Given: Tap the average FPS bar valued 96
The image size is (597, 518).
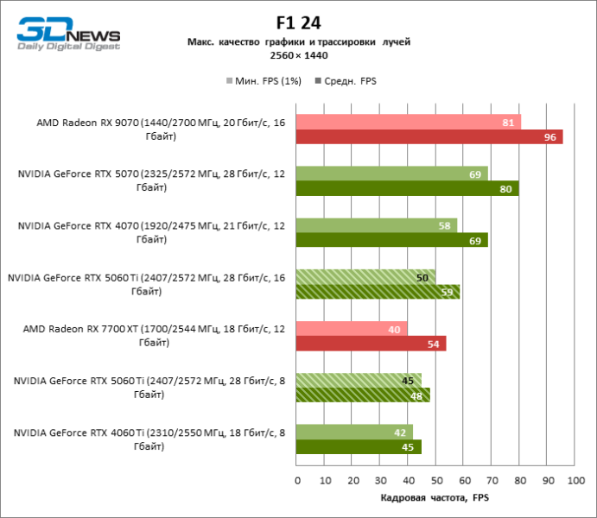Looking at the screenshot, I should pyautogui.click(x=429, y=137).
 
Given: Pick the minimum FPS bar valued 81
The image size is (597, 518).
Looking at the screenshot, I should pyautogui.click(x=409, y=122).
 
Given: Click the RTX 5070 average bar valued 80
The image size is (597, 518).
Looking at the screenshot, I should pyautogui.click(x=407, y=189).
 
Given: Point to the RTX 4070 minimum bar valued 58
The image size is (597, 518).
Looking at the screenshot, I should pyautogui.click(x=377, y=225).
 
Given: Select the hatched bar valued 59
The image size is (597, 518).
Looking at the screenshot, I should pyautogui.click(x=378, y=292).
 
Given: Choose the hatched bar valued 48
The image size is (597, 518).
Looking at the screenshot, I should pyautogui.click(x=363, y=395).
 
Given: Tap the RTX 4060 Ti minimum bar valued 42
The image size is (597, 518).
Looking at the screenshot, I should pyautogui.click(x=354, y=432).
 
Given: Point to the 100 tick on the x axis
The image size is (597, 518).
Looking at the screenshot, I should pyautogui.click(x=575, y=480).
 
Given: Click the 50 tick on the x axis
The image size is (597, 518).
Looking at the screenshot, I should pyautogui.click(x=436, y=480).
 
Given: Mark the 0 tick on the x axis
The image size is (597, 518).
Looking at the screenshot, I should pyautogui.click(x=297, y=480).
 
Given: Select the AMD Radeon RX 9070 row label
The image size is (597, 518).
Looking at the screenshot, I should pyautogui.click(x=161, y=129).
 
